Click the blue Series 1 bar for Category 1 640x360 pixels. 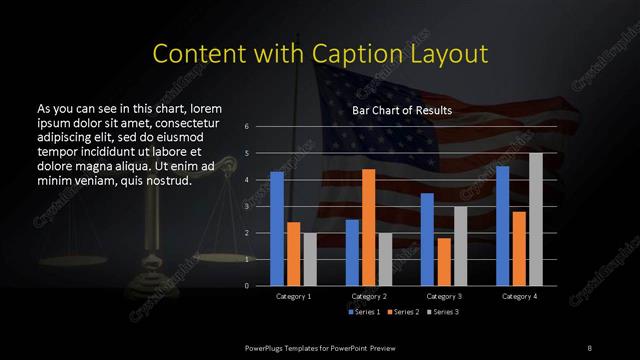point(277,229)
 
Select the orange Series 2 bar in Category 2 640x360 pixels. point(368,227)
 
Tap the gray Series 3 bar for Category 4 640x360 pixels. point(535,219)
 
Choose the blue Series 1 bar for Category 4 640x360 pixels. point(502,226)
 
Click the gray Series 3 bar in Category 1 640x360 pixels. point(309,259)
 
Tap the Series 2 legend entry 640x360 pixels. point(403,313)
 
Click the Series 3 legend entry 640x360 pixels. point(444,313)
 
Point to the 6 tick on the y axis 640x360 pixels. point(247,127)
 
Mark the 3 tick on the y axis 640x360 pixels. point(247,207)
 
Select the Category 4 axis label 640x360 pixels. point(518,297)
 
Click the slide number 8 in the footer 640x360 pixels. point(589,347)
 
